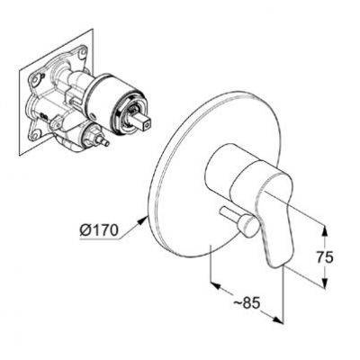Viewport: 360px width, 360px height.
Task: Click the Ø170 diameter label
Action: pyautogui.click(x=99, y=230)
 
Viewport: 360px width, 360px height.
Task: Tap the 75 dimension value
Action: pyautogui.click(x=325, y=257)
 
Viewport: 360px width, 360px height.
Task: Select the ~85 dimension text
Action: pyautogui.click(x=247, y=303)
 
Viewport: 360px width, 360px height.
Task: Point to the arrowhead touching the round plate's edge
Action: pyautogui.click(x=142, y=220)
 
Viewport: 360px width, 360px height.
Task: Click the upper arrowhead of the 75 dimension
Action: pyautogui.click(x=324, y=230)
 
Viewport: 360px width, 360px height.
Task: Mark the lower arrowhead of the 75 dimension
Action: pyautogui.click(x=324, y=283)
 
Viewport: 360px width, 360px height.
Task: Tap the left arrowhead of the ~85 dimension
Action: pyautogui.click(x=216, y=285)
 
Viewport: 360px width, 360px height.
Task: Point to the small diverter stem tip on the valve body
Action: pyautogui.click(x=105, y=143)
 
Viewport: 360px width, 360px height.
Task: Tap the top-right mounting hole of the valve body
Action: pyautogui.click(x=81, y=54)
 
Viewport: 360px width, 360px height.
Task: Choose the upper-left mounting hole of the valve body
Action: pyautogui.click(x=37, y=79)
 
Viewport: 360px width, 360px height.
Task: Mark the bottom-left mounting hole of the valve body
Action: pyautogui.click(x=36, y=134)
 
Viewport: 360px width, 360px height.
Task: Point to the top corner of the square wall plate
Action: pyautogui.click(x=93, y=29)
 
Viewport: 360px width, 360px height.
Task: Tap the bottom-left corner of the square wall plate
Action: pyautogui.click(x=20, y=155)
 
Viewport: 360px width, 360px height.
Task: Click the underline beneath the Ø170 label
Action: pyautogui.click(x=100, y=238)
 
